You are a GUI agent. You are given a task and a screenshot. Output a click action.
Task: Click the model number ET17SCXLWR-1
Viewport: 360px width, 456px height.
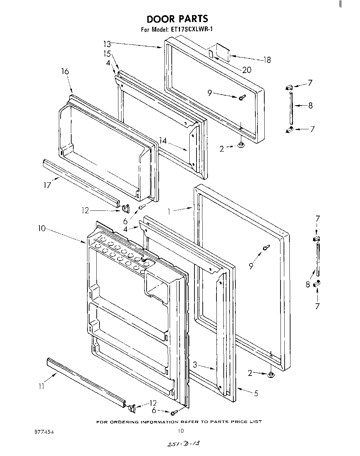(191, 29)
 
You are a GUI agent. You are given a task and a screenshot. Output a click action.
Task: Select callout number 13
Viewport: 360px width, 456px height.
(107, 44)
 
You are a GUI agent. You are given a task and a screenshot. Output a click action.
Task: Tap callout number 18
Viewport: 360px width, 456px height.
(267, 60)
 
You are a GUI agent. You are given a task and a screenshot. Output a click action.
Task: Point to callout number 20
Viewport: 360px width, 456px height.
(246, 70)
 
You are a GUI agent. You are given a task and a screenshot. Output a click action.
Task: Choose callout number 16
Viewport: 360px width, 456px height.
(65, 72)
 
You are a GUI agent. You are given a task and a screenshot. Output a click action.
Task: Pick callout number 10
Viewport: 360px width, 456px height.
(42, 228)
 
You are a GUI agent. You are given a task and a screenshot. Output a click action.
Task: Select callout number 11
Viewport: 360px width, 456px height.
(42, 387)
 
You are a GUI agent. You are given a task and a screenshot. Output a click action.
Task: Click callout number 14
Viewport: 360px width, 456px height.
(163, 140)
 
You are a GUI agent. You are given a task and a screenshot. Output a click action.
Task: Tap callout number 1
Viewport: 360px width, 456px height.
(169, 211)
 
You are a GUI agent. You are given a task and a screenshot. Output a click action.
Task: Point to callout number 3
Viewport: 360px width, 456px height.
(195, 365)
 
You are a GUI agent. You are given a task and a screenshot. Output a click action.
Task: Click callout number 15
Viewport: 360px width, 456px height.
(107, 54)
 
